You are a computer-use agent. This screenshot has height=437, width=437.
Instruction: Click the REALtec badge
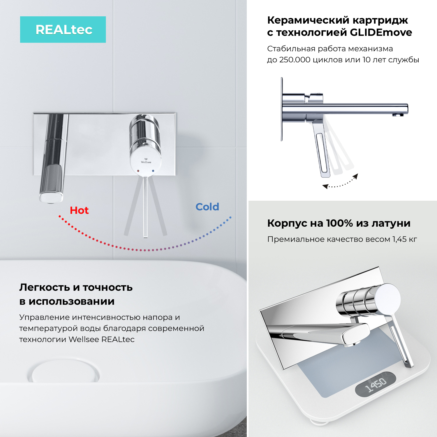tap(63, 29)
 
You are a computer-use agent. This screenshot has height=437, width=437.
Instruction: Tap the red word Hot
tap(79, 210)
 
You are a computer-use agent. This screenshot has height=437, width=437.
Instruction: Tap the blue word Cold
tap(207, 207)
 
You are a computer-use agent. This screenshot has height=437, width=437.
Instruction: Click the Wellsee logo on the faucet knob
tap(146, 161)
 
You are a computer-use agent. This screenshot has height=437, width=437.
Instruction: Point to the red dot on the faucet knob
tap(138, 171)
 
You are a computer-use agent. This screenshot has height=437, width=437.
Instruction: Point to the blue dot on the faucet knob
tap(153, 171)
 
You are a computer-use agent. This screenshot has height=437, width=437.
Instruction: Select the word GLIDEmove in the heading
tap(381, 32)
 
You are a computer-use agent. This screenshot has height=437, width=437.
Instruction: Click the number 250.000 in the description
tap(295, 60)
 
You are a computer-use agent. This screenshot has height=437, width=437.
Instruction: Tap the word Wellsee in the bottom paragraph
tap(84, 339)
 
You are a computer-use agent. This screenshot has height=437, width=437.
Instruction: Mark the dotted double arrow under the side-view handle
tap(340, 182)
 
